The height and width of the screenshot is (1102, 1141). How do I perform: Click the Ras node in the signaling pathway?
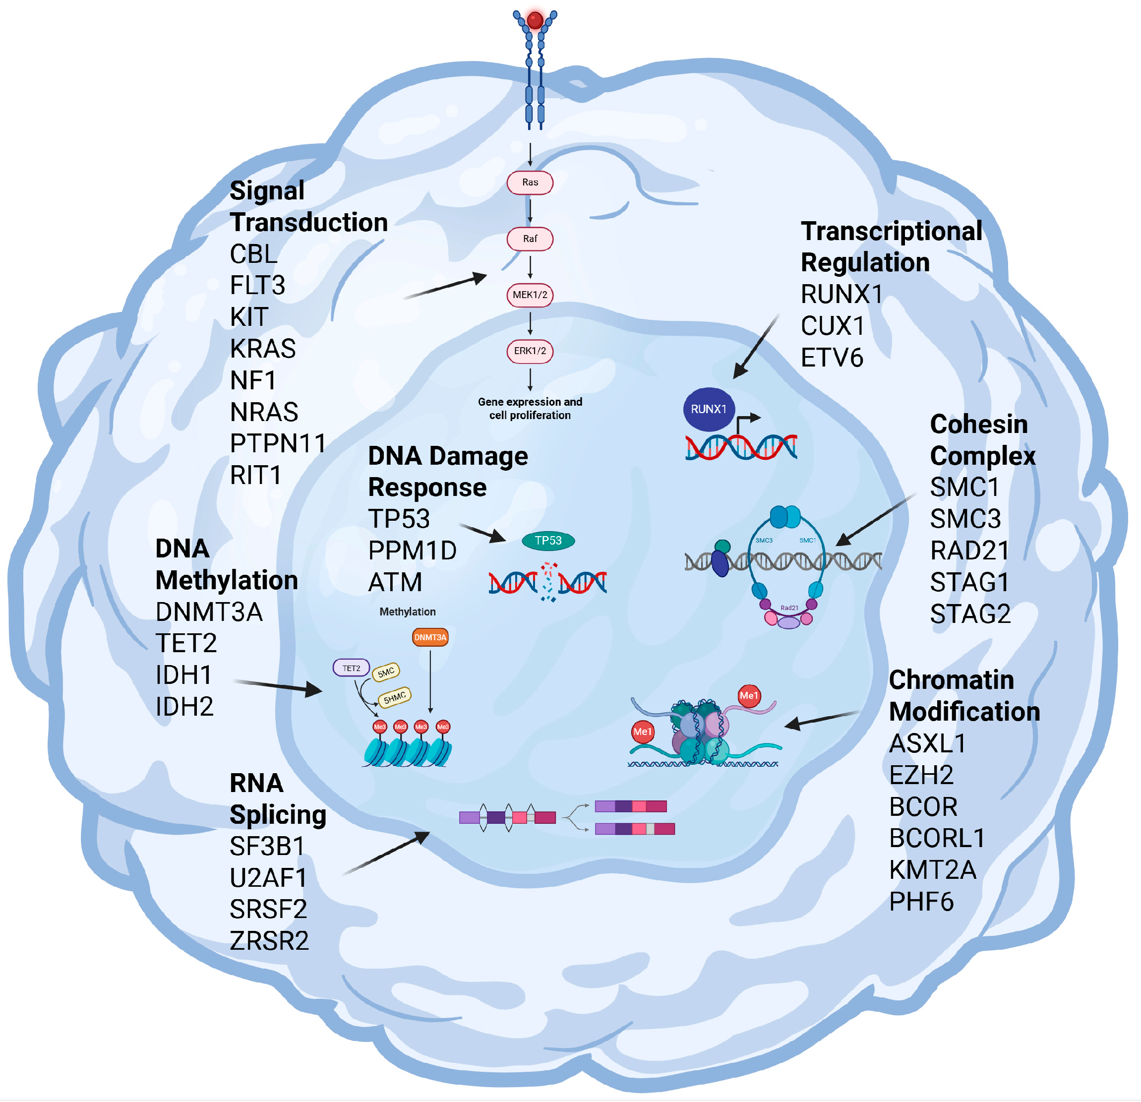pyautogui.click(x=530, y=182)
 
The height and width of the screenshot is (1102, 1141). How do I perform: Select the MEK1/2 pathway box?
pyautogui.click(x=530, y=295)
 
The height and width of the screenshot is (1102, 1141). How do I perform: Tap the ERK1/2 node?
pyautogui.click(x=530, y=351)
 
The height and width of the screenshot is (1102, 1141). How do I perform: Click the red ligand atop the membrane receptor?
pyautogui.click(x=535, y=20)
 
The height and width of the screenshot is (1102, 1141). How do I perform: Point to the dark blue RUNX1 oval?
pyautogui.click(x=709, y=409)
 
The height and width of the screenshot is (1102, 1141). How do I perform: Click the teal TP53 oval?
pyautogui.click(x=548, y=541)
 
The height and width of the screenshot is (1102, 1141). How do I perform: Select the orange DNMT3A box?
pyautogui.click(x=430, y=637)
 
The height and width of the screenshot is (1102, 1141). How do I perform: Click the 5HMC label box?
pyautogui.click(x=395, y=697)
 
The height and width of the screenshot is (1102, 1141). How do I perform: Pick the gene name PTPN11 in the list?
pyautogui.click(x=278, y=443)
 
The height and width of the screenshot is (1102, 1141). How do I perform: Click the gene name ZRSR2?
pyautogui.click(x=269, y=941)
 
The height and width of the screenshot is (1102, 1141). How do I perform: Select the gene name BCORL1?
pyautogui.click(x=937, y=839)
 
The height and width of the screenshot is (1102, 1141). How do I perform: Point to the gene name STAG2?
pyautogui.click(x=970, y=614)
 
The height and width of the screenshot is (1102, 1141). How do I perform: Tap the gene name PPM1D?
pyautogui.click(x=412, y=551)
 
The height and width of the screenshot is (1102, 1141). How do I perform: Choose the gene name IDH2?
pyautogui.click(x=184, y=707)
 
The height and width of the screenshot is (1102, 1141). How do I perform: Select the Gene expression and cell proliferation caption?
pyautogui.click(x=530, y=409)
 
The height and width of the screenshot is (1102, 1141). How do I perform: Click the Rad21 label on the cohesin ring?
pyautogui.click(x=789, y=608)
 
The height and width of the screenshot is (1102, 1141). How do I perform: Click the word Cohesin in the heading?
pyautogui.click(x=978, y=425)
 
